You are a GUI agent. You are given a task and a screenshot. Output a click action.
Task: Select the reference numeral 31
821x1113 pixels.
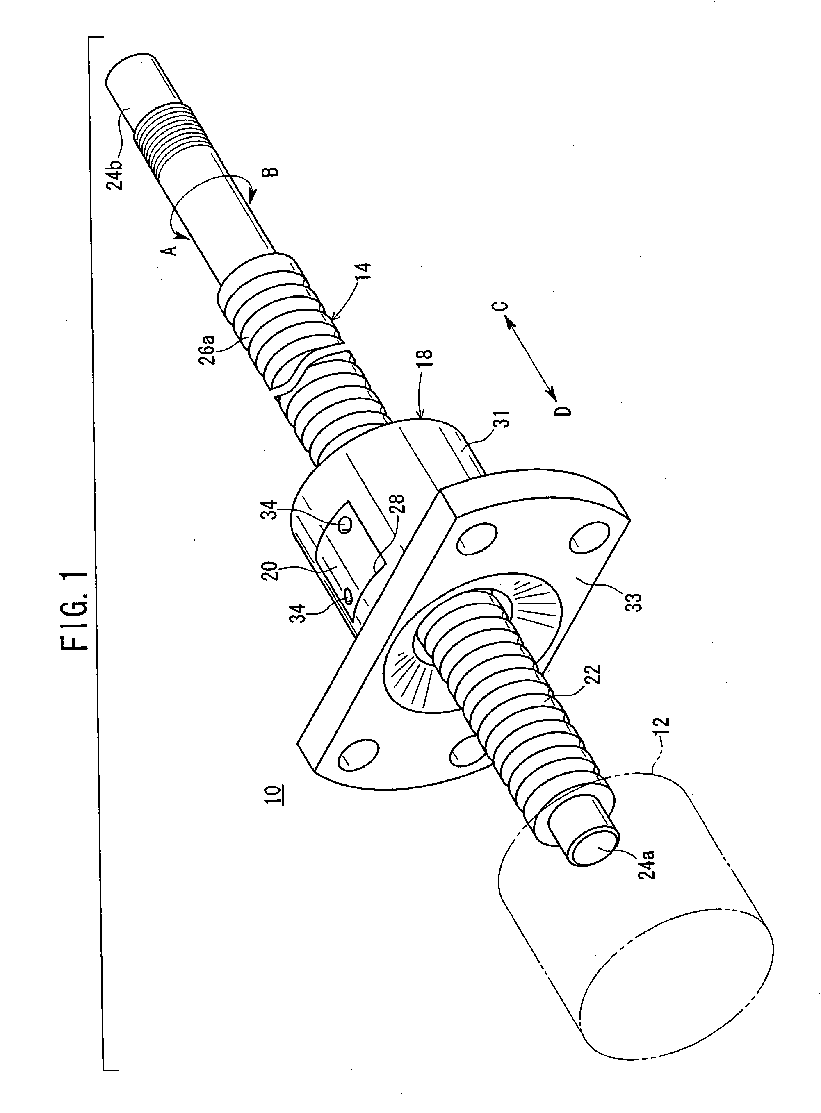click(x=503, y=420)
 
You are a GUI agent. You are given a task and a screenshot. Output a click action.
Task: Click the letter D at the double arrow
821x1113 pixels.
click(x=563, y=410)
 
